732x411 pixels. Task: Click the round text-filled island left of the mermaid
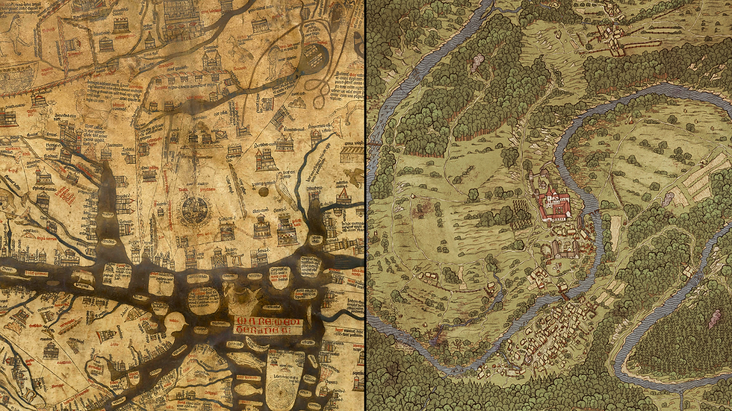202,298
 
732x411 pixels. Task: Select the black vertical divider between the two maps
365,205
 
